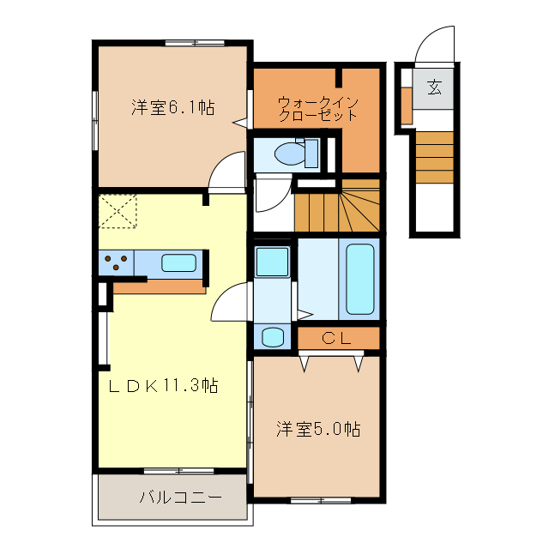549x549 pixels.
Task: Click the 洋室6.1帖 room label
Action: (172, 108)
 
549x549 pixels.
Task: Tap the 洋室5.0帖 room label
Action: (317, 428)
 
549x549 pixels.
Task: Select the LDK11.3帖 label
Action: (162, 385)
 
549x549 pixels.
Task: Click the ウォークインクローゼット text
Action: (317, 109)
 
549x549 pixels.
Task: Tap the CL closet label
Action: (337, 338)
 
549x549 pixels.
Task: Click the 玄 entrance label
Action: (435, 87)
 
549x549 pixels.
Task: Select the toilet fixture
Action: (287, 154)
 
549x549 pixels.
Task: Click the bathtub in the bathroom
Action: (360, 280)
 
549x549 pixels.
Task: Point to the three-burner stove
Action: (118, 262)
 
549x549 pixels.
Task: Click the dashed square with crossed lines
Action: (118, 211)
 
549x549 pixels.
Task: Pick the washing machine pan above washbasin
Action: (272, 260)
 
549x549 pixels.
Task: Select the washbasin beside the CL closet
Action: (273, 336)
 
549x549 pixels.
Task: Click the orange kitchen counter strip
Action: (160, 287)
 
